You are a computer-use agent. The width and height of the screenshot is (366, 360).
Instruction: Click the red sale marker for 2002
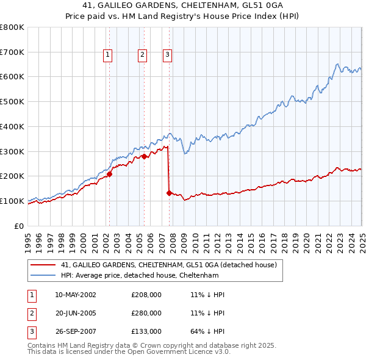[x=110, y=174]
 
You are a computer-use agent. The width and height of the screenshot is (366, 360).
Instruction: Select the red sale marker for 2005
[x=145, y=156]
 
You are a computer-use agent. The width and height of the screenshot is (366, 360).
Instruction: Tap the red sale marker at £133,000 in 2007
[x=169, y=193]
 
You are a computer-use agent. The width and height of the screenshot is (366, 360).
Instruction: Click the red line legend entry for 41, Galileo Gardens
[x=169, y=265]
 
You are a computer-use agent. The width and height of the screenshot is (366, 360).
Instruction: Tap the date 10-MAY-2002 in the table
[x=75, y=295]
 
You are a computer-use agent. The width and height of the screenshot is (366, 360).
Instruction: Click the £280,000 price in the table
[x=146, y=314]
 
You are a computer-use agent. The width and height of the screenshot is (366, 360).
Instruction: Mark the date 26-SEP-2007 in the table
[x=75, y=332]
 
